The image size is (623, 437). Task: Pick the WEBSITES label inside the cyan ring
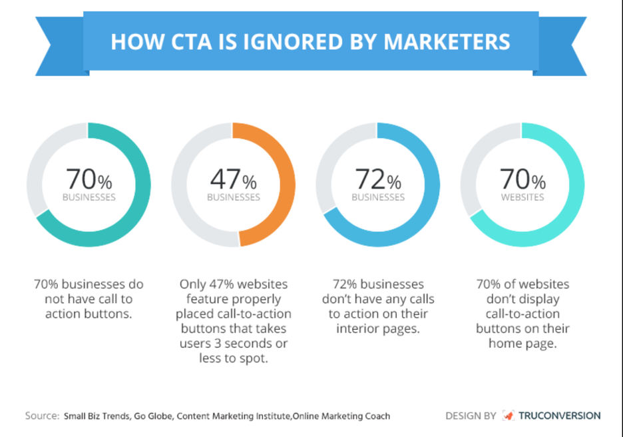point(522,197)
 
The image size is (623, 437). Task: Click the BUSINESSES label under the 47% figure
point(233,197)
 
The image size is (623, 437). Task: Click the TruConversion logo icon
point(508,416)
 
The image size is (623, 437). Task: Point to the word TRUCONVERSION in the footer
point(560,416)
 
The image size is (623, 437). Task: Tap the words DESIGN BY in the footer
point(471,416)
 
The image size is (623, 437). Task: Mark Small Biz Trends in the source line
point(93,416)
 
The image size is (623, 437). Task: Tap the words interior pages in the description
point(377,328)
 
